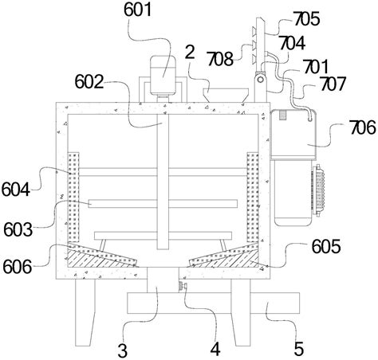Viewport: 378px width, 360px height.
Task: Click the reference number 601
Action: point(138,10)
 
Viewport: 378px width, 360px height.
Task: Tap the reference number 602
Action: point(89,81)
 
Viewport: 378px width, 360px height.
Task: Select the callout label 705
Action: point(306,19)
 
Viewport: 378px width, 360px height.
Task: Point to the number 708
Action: point(220,59)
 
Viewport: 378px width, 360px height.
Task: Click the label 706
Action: point(363,127)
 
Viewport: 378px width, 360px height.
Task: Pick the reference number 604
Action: point(15,190)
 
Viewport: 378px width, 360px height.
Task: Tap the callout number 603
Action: point(18,229)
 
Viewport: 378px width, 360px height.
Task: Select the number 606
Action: point(18,266)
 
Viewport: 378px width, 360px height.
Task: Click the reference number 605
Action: point(326,247)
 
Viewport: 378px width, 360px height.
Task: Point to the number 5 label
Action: point(299,349)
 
